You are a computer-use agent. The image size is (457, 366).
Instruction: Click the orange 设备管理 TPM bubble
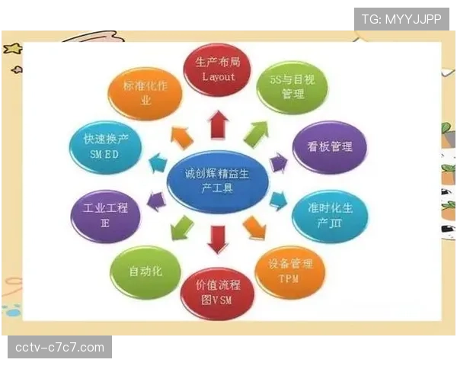(290, 271)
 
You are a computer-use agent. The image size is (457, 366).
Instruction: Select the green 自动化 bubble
(145, 271)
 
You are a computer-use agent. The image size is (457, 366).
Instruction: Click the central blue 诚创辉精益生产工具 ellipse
(217, 182)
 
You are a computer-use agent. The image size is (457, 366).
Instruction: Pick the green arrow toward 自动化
(184, 228)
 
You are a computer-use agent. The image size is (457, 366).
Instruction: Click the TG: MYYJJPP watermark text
(401, 19)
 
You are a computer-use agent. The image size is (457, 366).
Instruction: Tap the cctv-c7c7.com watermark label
(60, 348)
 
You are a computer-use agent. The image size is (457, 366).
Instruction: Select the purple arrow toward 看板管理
(279, 162)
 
